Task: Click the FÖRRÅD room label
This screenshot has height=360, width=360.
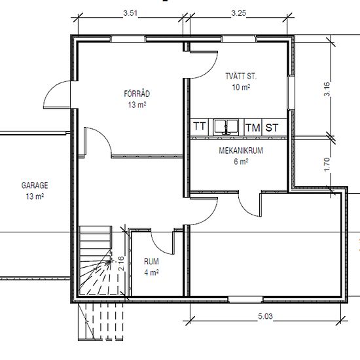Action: tap(137, 94)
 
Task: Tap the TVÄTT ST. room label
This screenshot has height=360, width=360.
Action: tap(241, 76)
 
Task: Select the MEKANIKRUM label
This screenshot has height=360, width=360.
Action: tap(241, 151)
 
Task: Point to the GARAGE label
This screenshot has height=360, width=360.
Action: tap(35, 185)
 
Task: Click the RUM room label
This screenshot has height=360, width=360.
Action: tap(151, 261)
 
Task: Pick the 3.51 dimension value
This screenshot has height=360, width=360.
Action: tap(130, 13)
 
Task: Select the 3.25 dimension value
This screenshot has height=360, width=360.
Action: tap(238, 13)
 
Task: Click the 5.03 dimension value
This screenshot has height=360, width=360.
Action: tap(265, 316)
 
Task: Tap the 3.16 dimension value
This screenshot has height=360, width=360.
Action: tap(327, 89)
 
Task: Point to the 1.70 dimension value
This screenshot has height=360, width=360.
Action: tap(327, 164)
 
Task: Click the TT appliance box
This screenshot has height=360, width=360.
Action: tap(199, 127)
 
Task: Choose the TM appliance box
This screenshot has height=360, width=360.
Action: tap(253, 128)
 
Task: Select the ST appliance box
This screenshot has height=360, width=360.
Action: tap(272, 128)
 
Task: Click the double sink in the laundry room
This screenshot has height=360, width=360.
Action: tap(226, 127)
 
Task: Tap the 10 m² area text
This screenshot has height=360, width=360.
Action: tap(241, 87)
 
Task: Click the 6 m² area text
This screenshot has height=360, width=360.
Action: tap(241, 162)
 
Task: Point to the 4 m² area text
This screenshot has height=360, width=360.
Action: tap(151, 272)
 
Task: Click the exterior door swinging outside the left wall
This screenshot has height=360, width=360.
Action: tap(57, 94)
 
